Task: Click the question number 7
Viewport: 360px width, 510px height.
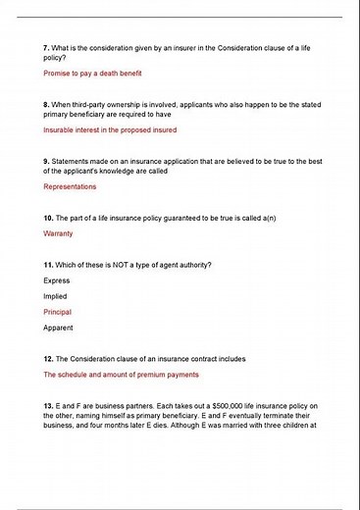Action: pyautogui.click(x=46, y=48)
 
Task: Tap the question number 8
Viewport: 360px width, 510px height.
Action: pyautogui.click(x=46, y=103)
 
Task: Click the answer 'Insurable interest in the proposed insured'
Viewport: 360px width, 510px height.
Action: pyautogui.click(x=110, y=129)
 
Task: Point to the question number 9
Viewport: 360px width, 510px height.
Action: pyautogui.click(x=46, y=159)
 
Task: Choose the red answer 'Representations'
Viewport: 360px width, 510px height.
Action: pyautogui.click(x=70, y=185)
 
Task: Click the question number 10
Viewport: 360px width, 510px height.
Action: pyautogui.click(x=48, y=216)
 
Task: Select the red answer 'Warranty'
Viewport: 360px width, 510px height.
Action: pyautogui.click(x=59, y=233)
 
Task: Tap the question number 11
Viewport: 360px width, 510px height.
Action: pyautogui.click(x=48, y=264)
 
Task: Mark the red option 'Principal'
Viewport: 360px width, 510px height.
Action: pyautogui.click(x=58, y=312)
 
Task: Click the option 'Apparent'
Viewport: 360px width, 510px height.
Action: pyautogui.click(x=58, y=328)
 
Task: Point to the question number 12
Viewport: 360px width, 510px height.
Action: pyautogui.click(x=48, y=358)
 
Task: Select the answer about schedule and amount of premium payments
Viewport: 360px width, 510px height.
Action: pyautogui.click(x=121, y=375)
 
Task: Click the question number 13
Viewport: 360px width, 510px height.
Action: pyautogui.click(x=48, y=404)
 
